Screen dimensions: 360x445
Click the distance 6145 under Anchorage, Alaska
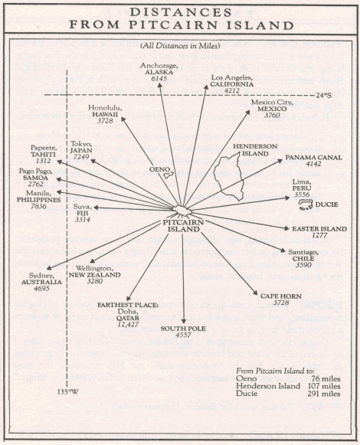(159, 79)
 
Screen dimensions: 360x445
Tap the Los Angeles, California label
(231, 81)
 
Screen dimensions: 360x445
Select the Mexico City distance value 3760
(272, 115)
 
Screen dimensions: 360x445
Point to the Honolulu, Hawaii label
(105, 111)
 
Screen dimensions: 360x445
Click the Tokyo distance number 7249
(81, 157)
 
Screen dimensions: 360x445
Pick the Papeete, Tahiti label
(44, 151)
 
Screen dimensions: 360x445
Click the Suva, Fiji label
(82, 210)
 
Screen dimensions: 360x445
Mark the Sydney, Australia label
(41, 278)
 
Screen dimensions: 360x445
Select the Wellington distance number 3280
(94, 281)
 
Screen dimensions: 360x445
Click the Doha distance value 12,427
(129, 325)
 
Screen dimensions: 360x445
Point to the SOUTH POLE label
(183, 329)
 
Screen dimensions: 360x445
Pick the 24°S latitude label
(324, 95)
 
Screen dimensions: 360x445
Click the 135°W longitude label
(67, 392)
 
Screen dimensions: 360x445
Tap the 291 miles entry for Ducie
(324, 394)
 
